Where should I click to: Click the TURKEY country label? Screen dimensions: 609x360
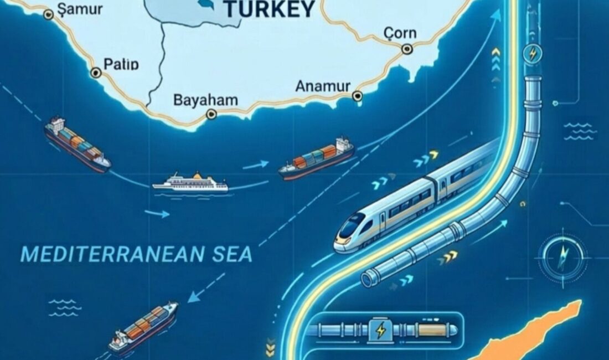(270, 9)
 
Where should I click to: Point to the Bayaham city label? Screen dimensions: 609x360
(205, 100)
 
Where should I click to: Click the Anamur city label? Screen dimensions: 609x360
(323, 86)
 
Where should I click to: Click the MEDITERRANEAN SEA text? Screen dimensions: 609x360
(136, 254)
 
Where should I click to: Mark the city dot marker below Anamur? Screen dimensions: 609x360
(357, 96)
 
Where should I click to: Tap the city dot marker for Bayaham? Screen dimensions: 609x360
(210, 114)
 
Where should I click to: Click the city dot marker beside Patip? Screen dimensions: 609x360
(96, 72)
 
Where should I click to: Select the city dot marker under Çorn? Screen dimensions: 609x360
(407, 49)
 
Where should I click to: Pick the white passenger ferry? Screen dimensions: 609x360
(190, 183)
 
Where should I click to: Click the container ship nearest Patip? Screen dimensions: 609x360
(77, 143)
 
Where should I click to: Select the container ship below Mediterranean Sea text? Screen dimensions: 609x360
(143, 326)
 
